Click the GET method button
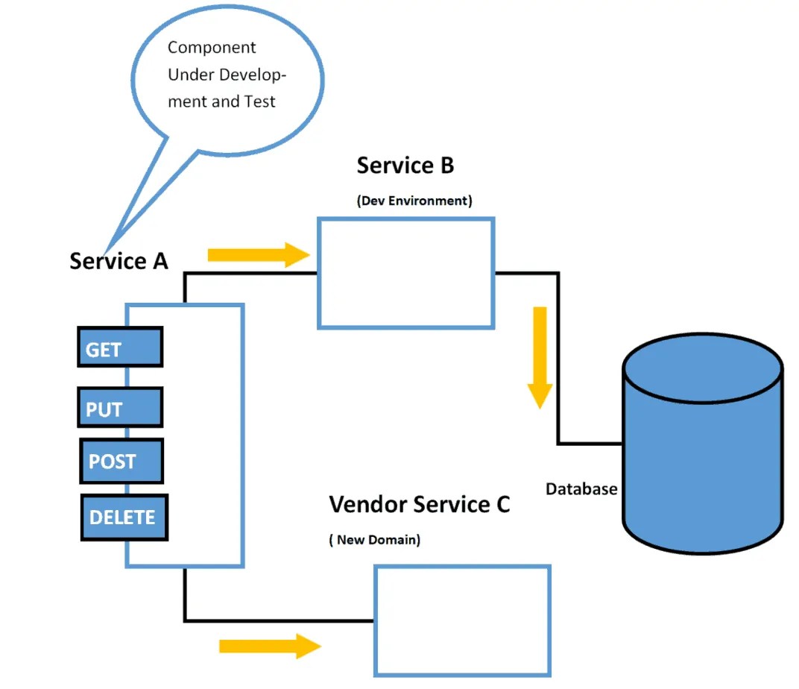pos(119,347)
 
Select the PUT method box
pos(119,408)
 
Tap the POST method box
pos(121,461)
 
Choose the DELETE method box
pos(124,517)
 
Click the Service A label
pos(119,261)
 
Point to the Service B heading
pos(405,166)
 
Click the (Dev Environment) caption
pos(414,201)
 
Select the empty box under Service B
pos(406,273)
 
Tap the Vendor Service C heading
pos(419,504)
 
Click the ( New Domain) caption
pos(374,540)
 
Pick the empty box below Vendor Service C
pos(461,620)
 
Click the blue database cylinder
pos(702,447)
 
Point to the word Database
pos(581,489)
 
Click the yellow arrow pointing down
pos(539,356)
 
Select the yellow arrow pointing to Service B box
pos(258,255)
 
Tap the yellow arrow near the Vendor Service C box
pos(269,646)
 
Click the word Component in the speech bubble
pos(212,48)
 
